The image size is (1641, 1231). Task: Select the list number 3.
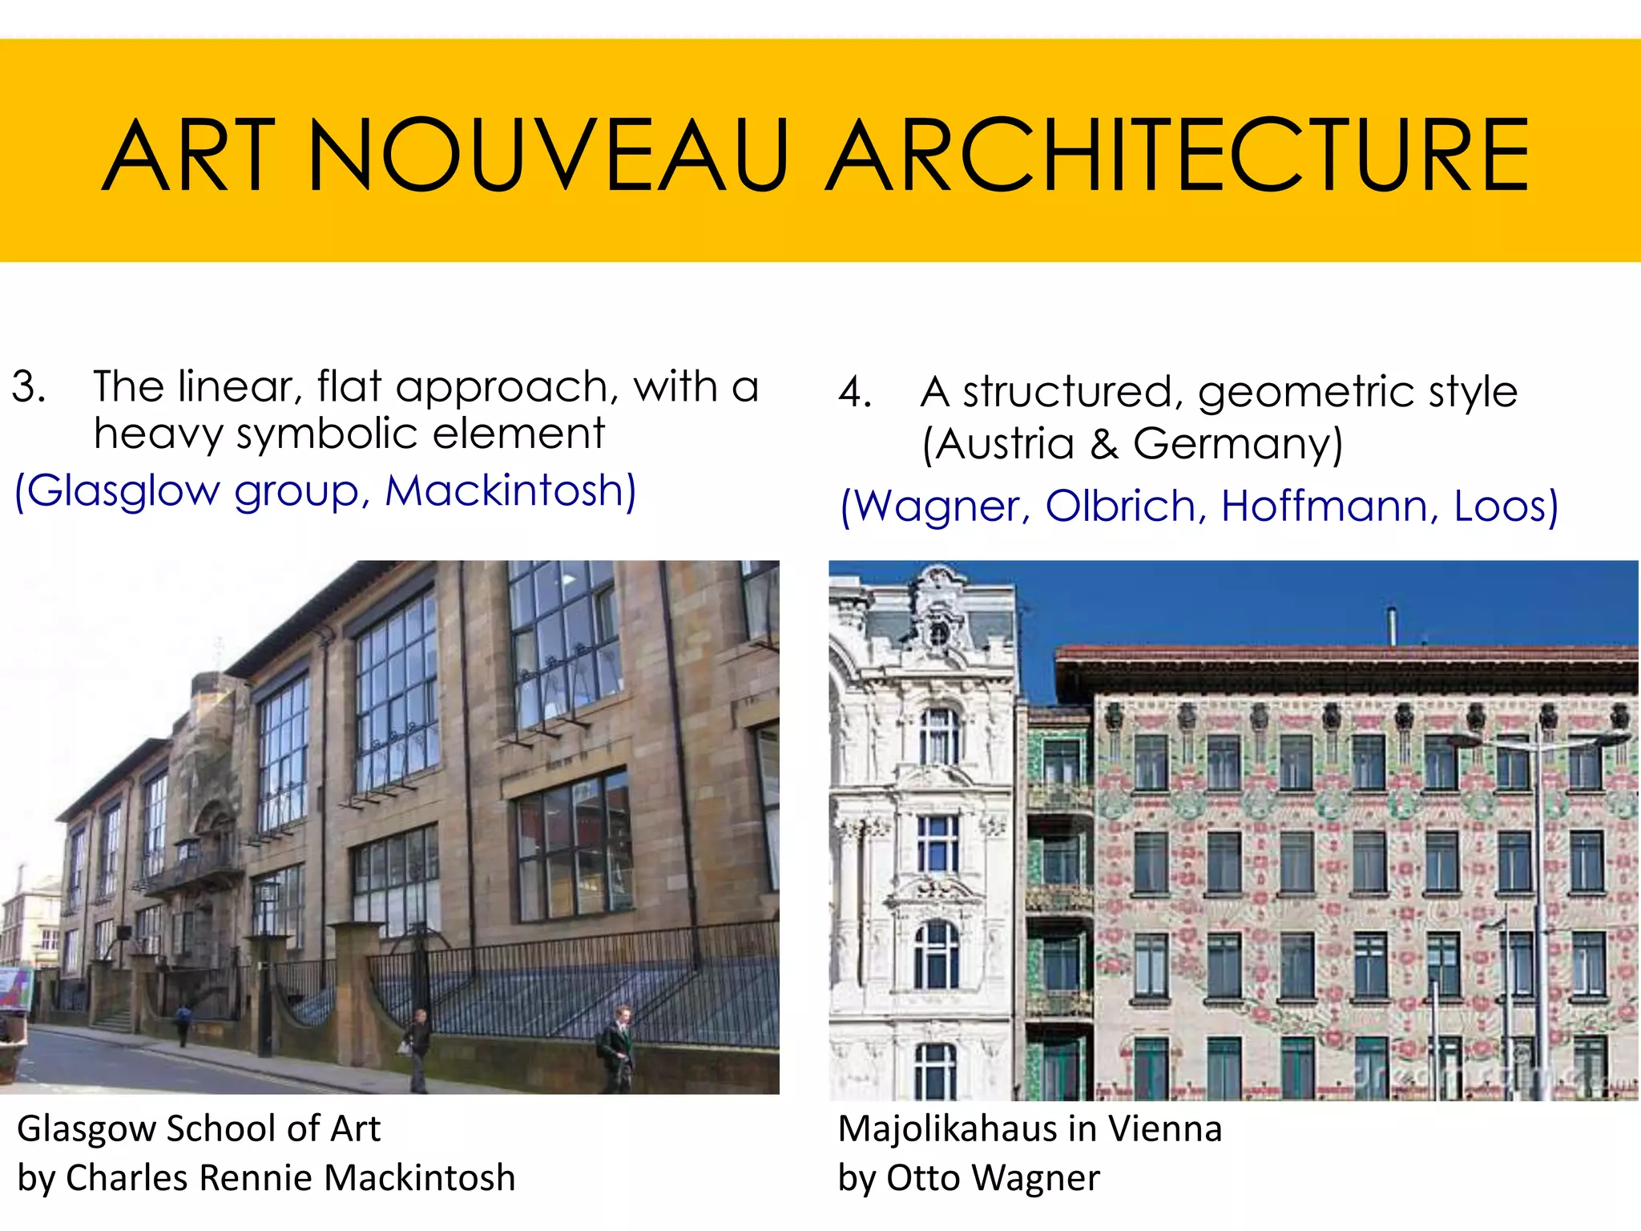click(28, 387)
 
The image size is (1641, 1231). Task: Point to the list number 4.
click(855, 393)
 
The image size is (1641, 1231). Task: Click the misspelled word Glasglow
click(117, 491)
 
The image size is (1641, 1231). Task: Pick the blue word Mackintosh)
click(510, 490)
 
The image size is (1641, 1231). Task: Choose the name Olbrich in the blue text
click(1121, 506)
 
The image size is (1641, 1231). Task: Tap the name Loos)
click(1506, 506)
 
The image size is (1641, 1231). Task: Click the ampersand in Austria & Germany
click(1103, 443)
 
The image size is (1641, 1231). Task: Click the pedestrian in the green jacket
click(617, 1047)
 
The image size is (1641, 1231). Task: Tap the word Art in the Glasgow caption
click(355, 1128)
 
